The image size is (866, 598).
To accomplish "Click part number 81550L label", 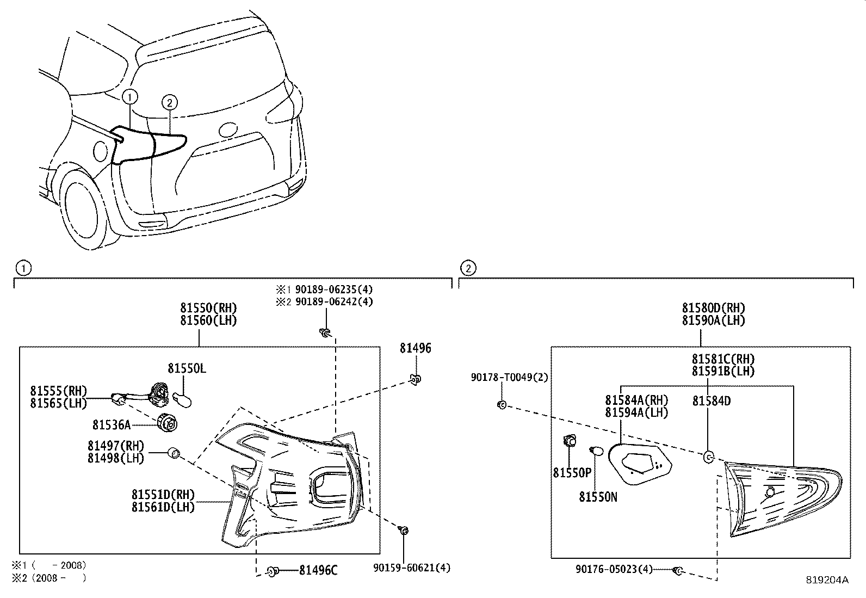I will [x=187, y=368].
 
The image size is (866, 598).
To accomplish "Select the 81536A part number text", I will [x=112, y=424].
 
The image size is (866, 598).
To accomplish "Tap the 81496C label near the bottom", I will [x=318, y=570].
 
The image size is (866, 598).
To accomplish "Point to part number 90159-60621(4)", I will [x=412, y=568].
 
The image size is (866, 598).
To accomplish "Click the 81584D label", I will [x=711, y=401].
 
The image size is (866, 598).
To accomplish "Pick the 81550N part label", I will [x=598, y=496].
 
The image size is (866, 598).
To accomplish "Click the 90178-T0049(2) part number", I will [x=510, y=378].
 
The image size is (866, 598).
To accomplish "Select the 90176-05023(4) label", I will [x=614, y=569].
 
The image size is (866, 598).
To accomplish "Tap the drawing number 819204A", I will [x=827, y=580].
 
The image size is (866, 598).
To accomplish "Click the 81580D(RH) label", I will [x=714, y=309].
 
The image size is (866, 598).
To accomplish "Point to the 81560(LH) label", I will [x=209, y=320].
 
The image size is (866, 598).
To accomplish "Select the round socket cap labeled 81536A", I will [x=167, y=423].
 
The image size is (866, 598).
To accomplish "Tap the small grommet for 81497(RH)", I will [x=174, y=453].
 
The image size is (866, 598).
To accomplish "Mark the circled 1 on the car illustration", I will [x=130, y=97].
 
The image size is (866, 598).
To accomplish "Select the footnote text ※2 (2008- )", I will [x=50, y=577].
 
